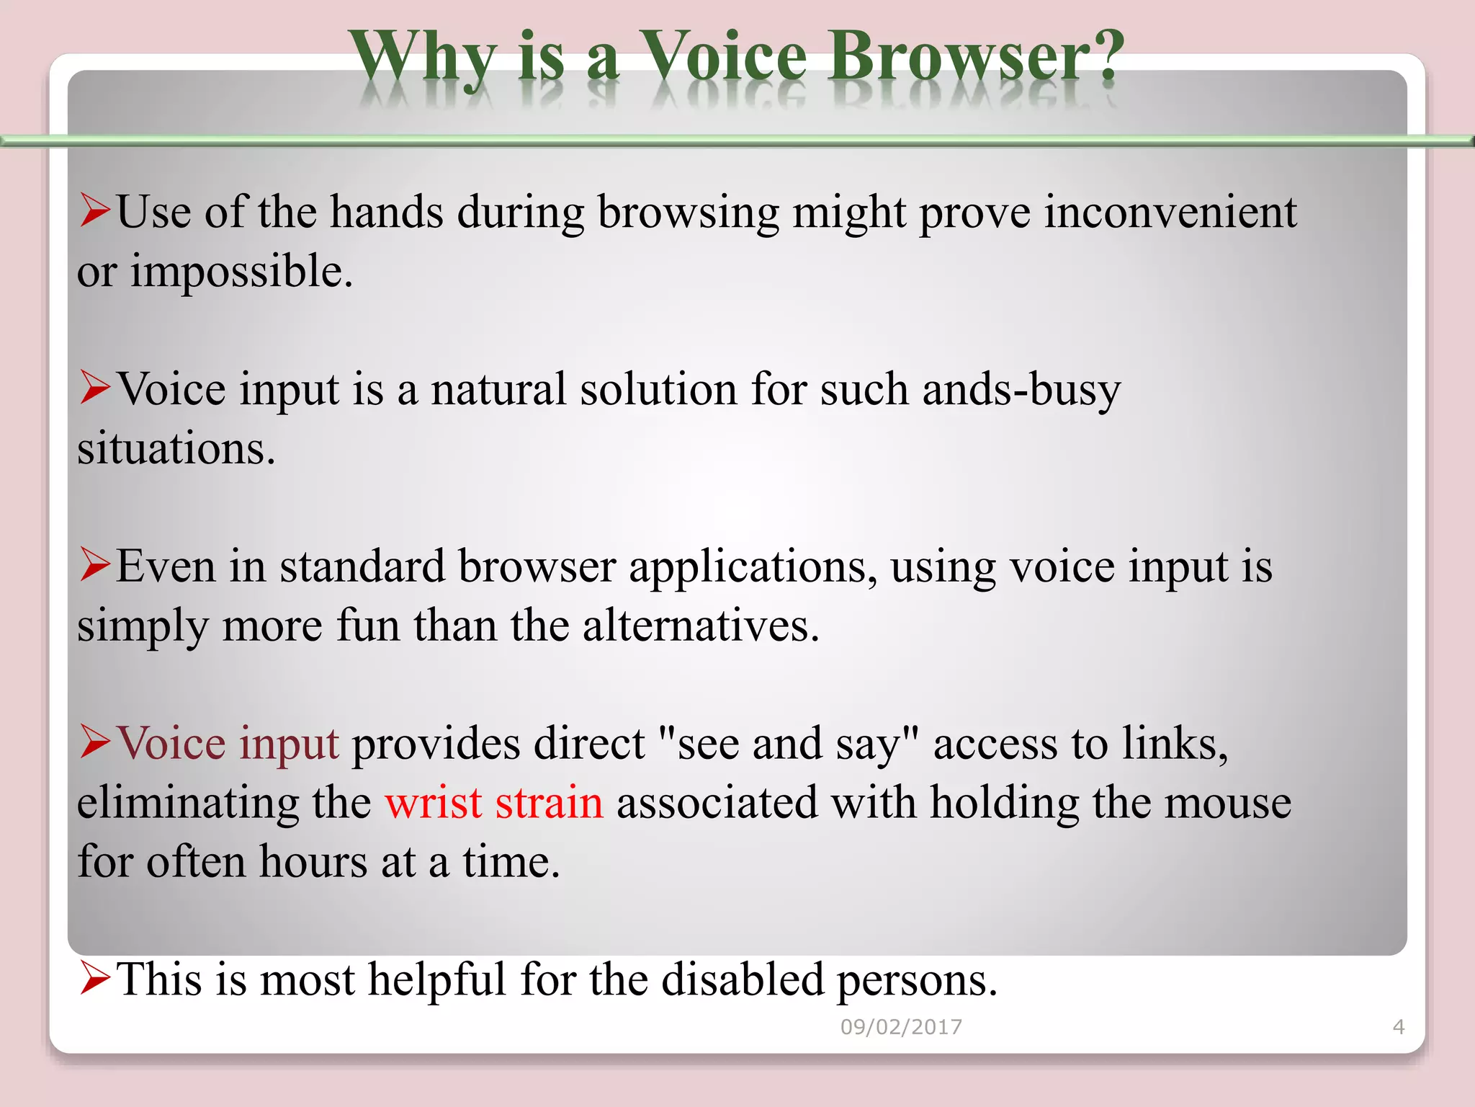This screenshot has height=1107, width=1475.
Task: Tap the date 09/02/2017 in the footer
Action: tap(901, 1026)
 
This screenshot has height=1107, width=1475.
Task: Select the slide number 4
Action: tap(1398, 1026)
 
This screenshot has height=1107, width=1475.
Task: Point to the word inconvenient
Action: tap(1170, 213)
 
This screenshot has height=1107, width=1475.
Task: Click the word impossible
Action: tap(241, 272)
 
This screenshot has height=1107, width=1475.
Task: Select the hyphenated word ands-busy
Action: tap(1021, 390)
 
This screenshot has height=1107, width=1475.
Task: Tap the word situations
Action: tap(176, 449)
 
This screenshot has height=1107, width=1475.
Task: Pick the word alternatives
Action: tap(700, 626)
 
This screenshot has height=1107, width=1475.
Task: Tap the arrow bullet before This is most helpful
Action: tap(95, 978)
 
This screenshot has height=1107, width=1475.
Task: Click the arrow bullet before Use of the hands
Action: tap(95, 210)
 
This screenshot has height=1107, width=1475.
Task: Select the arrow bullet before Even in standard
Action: tap(95, 564)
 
